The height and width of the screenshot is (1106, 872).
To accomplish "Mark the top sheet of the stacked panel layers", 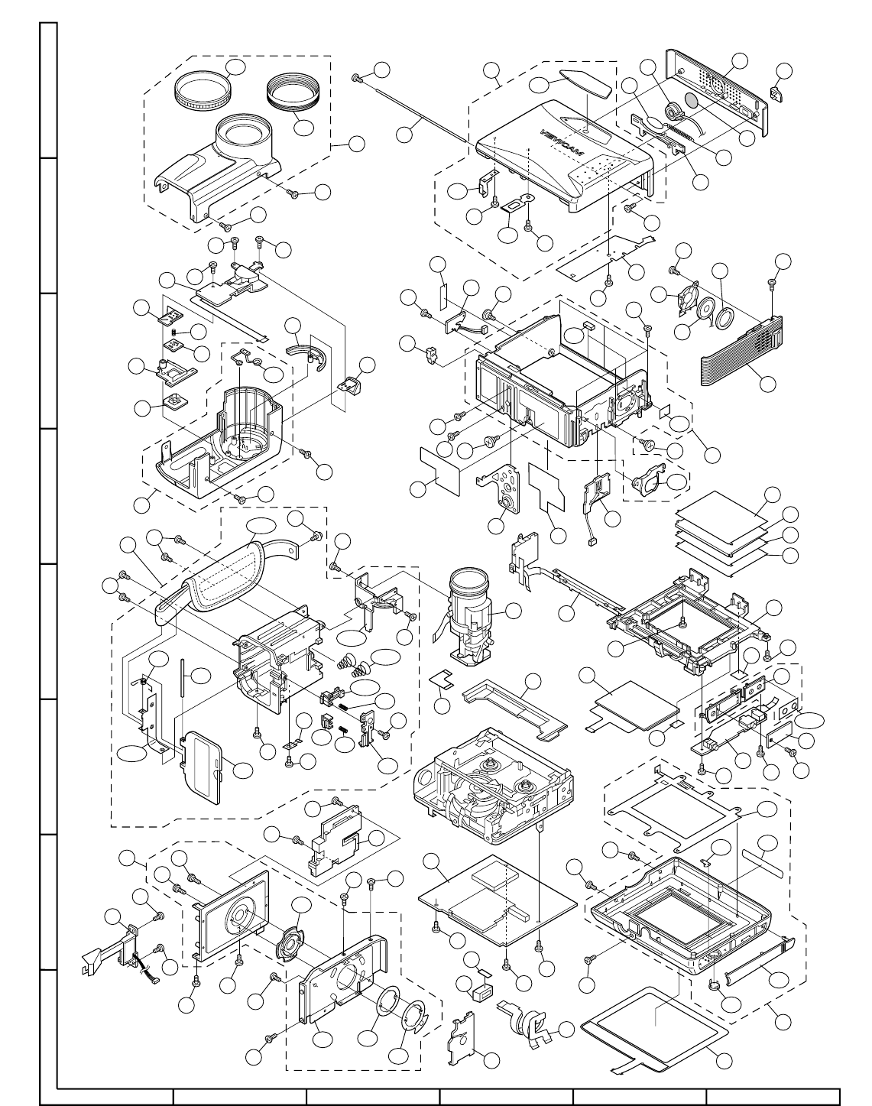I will click(721, 508).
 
